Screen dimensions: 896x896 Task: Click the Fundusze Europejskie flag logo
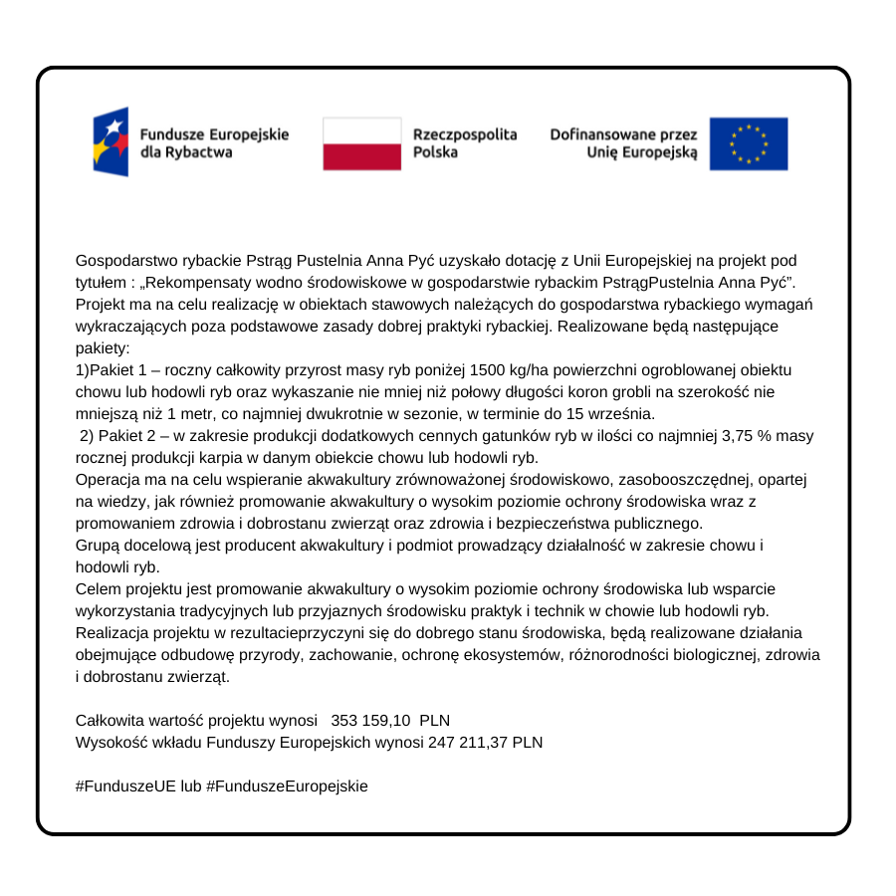111,142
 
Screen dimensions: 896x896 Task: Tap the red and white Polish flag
361,143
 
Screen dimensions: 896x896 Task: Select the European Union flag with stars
749,143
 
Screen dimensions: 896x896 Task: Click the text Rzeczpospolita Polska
465,143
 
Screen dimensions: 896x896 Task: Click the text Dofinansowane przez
624,134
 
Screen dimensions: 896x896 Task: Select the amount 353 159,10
370,720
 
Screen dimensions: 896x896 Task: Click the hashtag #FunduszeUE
125,785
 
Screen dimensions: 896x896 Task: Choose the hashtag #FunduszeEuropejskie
287,785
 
